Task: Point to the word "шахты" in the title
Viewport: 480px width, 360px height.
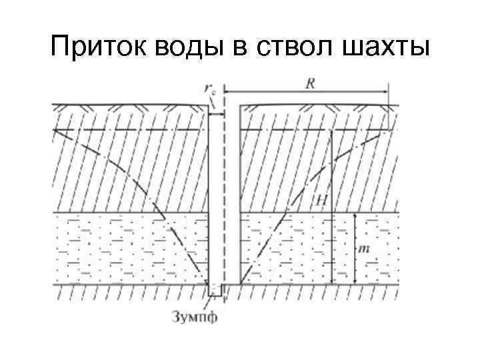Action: coord(393,47)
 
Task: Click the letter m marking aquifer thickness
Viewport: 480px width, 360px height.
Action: coord(364,249)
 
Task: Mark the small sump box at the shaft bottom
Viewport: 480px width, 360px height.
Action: coord(215,290)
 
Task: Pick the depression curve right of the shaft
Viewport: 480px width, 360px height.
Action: coord(293,193)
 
